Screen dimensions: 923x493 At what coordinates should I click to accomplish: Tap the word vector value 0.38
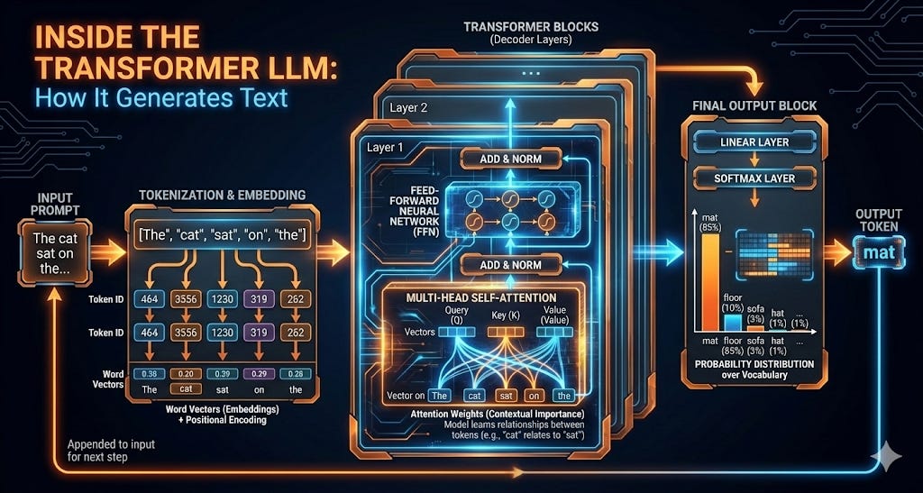coord(150,374)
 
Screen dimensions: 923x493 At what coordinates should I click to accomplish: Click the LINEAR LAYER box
coord(755,142)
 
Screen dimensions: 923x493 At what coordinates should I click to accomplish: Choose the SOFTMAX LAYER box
coord(755,178)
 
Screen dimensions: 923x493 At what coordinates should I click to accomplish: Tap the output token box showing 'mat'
coord(878,252)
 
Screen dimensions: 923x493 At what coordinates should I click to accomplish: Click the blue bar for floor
coord(733,323)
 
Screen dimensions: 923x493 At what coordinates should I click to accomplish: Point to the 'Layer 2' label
coord(409,108)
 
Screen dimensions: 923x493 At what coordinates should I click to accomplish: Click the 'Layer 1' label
coord(387,147)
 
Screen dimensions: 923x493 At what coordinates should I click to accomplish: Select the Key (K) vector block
coord(506,332)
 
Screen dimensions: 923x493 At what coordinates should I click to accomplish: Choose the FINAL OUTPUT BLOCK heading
coord(754,105)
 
